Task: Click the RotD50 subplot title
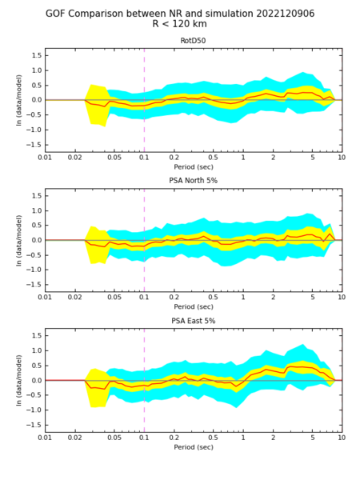(x=193, y=41)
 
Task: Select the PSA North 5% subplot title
(x=193, y=181)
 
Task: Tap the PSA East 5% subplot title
(x=193, y=321)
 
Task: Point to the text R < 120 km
(x=180, y=24)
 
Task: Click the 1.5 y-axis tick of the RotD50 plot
(x=36, y=55)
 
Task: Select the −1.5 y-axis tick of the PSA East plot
(x=34, y=425)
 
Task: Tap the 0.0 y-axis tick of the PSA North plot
(x=36, y=240)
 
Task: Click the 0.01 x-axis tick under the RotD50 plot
(x=45, y=158)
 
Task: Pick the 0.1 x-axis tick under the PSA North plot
(x=144, y=298)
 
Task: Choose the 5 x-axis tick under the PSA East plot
(x=312, y=438)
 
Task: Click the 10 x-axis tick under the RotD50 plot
(x=342, y=158)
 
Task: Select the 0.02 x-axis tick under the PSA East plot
(x=74, y=438)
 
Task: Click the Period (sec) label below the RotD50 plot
(x=194, y=167)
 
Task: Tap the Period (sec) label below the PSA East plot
(x=194, y=447)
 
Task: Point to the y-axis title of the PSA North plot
(x=19, y=240)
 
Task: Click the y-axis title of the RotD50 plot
(x=19, y=100)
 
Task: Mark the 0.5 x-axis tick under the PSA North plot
(x=213, y=298)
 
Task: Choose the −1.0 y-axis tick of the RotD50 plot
(x=34, y=130)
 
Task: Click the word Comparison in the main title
(x=103, y=14)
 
